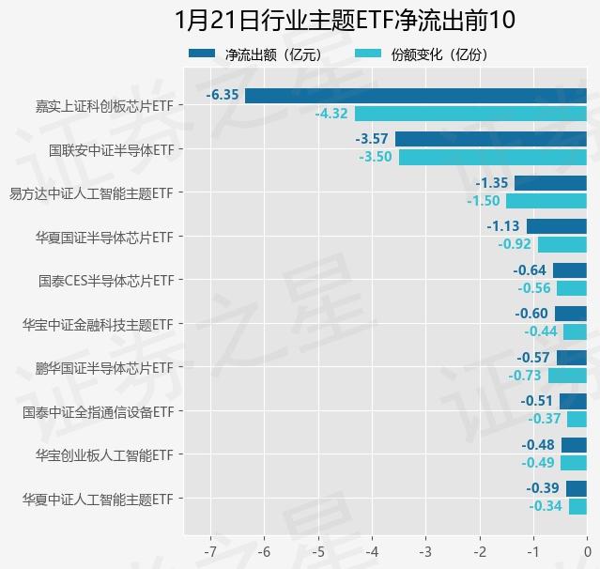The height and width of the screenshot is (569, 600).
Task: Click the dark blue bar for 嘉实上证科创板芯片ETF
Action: (416, 96)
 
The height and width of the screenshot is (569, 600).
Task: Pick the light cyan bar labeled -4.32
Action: (470, 114)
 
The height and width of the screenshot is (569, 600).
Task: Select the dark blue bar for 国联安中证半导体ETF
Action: (491, 139)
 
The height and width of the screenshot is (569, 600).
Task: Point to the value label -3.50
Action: (376, 157)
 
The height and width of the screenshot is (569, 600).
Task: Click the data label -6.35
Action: (223, 96)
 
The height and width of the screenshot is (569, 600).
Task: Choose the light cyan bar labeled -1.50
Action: (546, 201)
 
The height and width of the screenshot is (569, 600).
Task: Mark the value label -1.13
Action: (503, 226)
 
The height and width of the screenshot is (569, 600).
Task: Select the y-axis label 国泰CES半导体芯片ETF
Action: (107, 281)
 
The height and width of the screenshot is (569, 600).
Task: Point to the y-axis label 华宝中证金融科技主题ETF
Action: (98, 325)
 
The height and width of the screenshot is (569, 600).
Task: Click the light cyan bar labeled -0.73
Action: (567, 376)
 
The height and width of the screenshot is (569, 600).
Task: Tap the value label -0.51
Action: (537, 401)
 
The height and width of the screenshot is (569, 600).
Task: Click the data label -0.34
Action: (546, 506)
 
